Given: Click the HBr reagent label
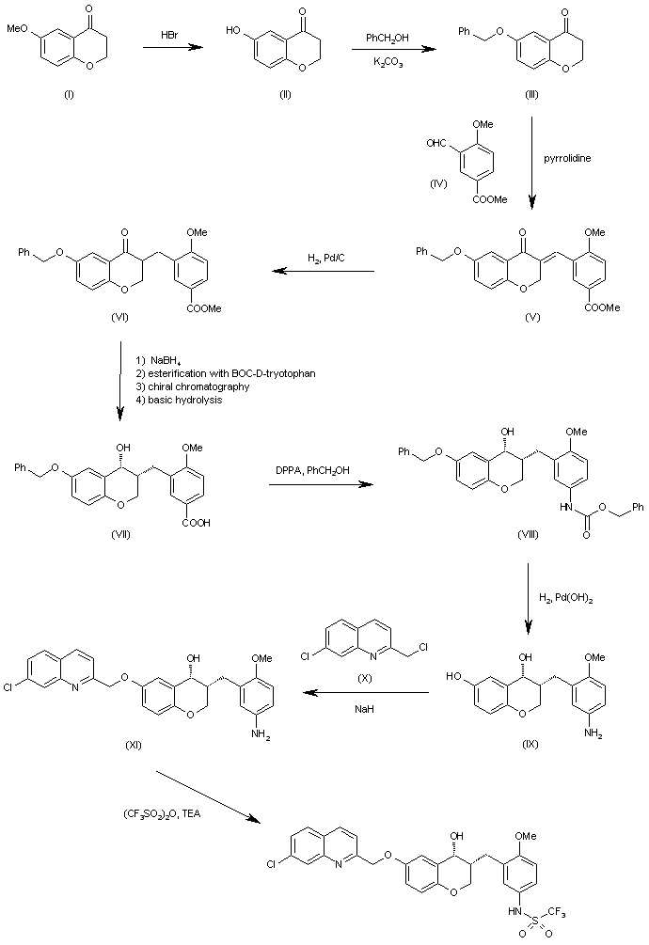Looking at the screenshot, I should click(169, 36).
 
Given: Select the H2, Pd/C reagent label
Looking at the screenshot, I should click(324, 260).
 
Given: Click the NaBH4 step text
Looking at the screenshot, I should click(166, 361).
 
